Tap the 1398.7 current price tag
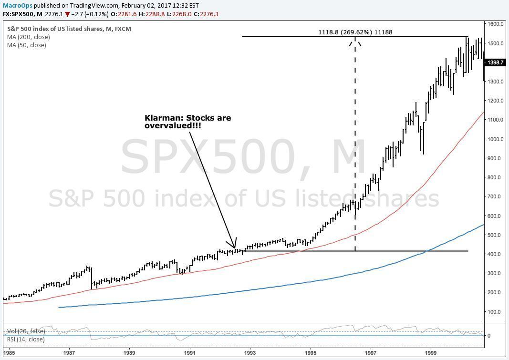click(x=495, y=62)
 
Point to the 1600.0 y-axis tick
click(x=496, y=24)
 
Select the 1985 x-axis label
click(x=10, y=353)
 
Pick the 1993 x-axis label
click(x=250, y=353)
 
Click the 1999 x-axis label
click(x=431, y=353)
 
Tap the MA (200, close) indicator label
click(x=29, y=37)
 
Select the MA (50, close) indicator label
click(x=27, y=45)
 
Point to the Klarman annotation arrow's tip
click(x=235, y=248)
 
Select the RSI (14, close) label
click(x=26, y=339)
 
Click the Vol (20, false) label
click(x=26, y=331)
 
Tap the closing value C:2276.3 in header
click(x=206, y=14)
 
